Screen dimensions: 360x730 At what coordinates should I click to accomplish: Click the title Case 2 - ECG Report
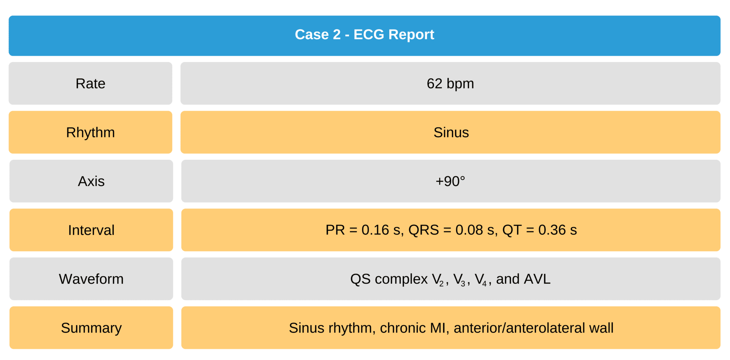[364, 35]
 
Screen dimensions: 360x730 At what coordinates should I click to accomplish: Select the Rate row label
[91, 84]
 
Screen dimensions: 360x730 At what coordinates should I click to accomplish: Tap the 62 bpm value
[450, 84]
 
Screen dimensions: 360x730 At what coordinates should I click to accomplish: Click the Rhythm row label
[91, 133]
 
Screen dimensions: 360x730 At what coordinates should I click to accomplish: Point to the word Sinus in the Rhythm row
[451, 133]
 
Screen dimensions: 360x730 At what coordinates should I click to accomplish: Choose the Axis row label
[91, 181]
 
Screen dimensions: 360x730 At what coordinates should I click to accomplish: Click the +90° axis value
[450, 181]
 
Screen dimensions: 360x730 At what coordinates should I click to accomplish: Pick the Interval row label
[91, 230]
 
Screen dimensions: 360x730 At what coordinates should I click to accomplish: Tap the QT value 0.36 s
[557, 230]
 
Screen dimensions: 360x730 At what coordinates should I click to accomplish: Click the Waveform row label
[91, 279]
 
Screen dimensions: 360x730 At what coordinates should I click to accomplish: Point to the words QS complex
[389, 279]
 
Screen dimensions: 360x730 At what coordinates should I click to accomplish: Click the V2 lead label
[438, 280]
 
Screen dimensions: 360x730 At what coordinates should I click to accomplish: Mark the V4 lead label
[481, 280]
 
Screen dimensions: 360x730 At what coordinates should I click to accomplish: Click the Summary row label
[91, 328]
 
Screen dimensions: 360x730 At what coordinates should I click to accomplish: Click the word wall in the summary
[601, 328]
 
